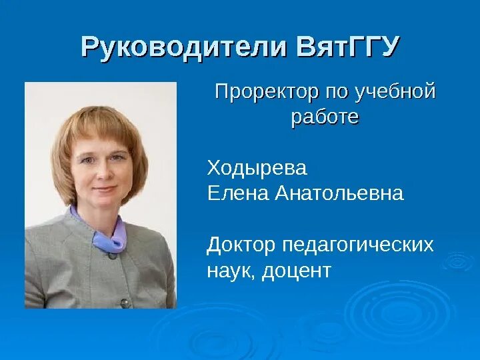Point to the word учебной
[398, 91]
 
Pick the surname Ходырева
[257, 168]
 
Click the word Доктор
[241, 245]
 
